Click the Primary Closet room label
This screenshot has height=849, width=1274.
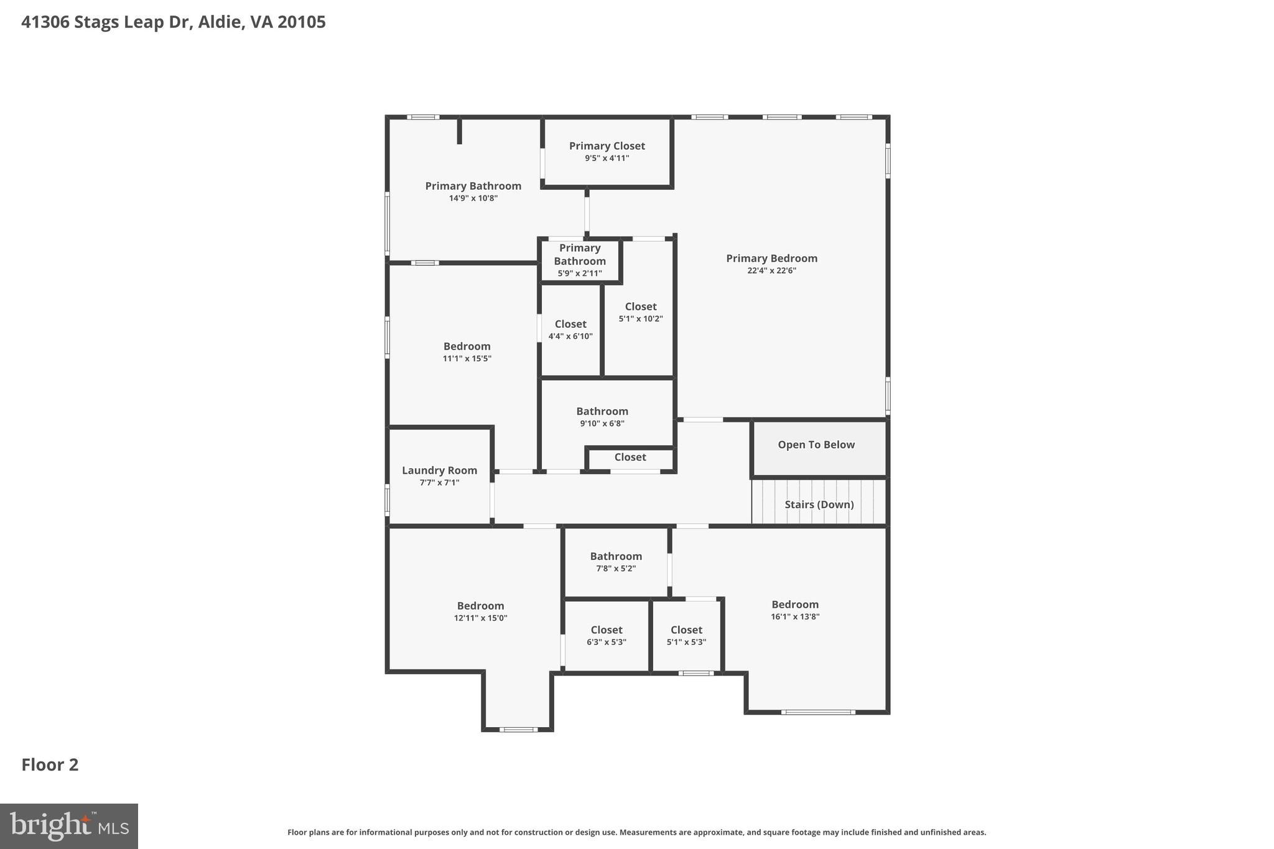click(607, 146)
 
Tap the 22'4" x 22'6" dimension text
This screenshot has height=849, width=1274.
click(771, 271)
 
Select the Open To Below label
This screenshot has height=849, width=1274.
click(816, 445)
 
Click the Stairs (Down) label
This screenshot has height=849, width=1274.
click(819, 504)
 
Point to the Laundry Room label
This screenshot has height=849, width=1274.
click(439, 471)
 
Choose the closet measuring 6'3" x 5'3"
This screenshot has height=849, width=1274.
click(607, 636)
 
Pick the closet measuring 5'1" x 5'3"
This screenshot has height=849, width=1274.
click(686, 636)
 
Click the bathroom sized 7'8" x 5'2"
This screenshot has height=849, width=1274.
click(616, 562)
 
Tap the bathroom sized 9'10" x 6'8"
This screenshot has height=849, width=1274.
click(602, 417)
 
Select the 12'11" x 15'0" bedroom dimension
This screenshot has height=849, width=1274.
click(480, 618)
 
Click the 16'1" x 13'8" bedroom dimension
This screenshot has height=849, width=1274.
click(795, 617)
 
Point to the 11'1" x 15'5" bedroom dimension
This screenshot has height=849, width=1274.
click(467, 359)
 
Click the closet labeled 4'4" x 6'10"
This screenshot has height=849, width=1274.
click(570, 330)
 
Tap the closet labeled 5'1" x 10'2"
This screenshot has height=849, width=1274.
click(641, 312)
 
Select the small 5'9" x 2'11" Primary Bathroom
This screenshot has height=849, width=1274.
click(580, 261)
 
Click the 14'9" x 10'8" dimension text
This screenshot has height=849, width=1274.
click(473, 198)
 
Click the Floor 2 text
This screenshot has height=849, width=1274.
click(50, 765)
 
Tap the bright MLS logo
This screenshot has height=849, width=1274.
click(69, 826)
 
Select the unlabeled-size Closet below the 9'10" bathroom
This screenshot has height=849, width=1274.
click(630, 457)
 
